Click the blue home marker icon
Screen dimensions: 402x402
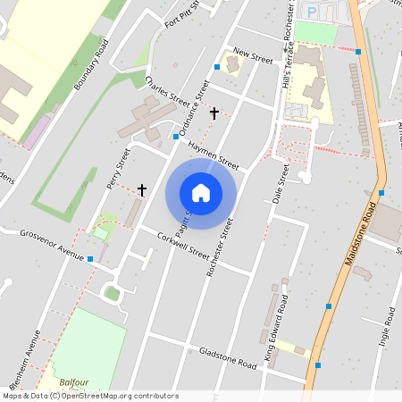(201, 193)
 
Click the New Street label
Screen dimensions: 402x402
(253, 55)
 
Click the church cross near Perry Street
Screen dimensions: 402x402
(142, 189)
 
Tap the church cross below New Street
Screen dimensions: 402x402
(214, 113)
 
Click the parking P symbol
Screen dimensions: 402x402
(313, 10)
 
